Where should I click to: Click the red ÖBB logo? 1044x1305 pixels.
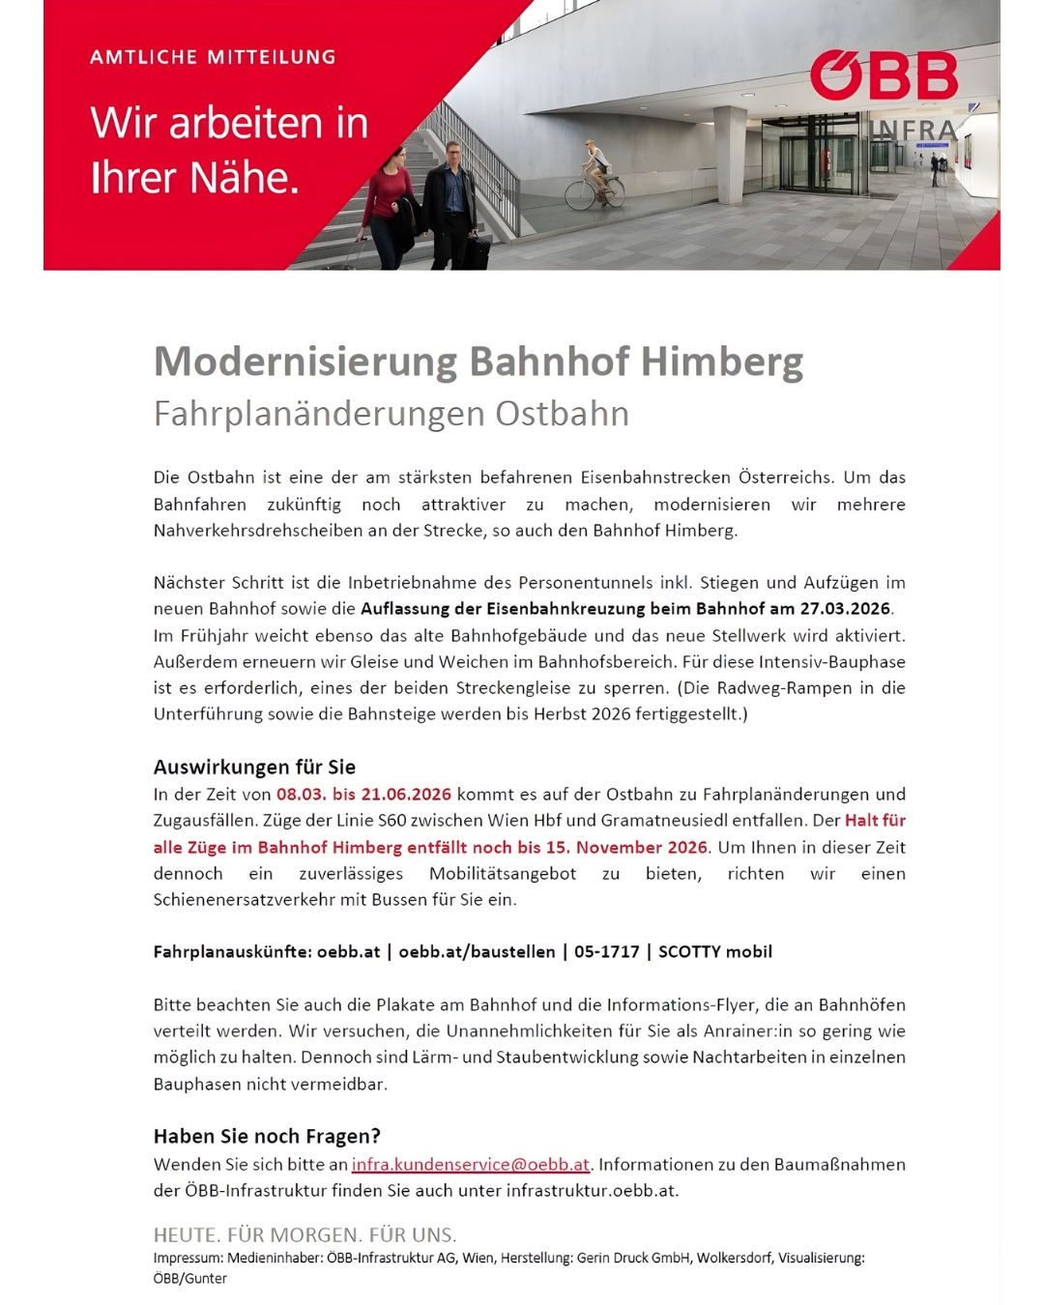(884, 76)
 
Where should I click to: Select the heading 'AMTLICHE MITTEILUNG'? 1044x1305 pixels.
(213, 57)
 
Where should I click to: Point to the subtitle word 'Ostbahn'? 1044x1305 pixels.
(562, 414)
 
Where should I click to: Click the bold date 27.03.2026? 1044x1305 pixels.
(844, 609)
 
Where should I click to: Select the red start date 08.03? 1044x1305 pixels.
(301, 795)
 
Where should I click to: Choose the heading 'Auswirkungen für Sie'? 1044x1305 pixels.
(254, 768)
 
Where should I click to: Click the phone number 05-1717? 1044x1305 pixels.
(606, 952)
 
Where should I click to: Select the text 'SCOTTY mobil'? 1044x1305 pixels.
(714, 952)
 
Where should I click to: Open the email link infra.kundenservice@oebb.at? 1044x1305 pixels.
(470, 1165)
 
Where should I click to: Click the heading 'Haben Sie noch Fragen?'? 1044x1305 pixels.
(267, 1137)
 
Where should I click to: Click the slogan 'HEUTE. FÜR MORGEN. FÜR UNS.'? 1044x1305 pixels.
(304, 1235)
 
